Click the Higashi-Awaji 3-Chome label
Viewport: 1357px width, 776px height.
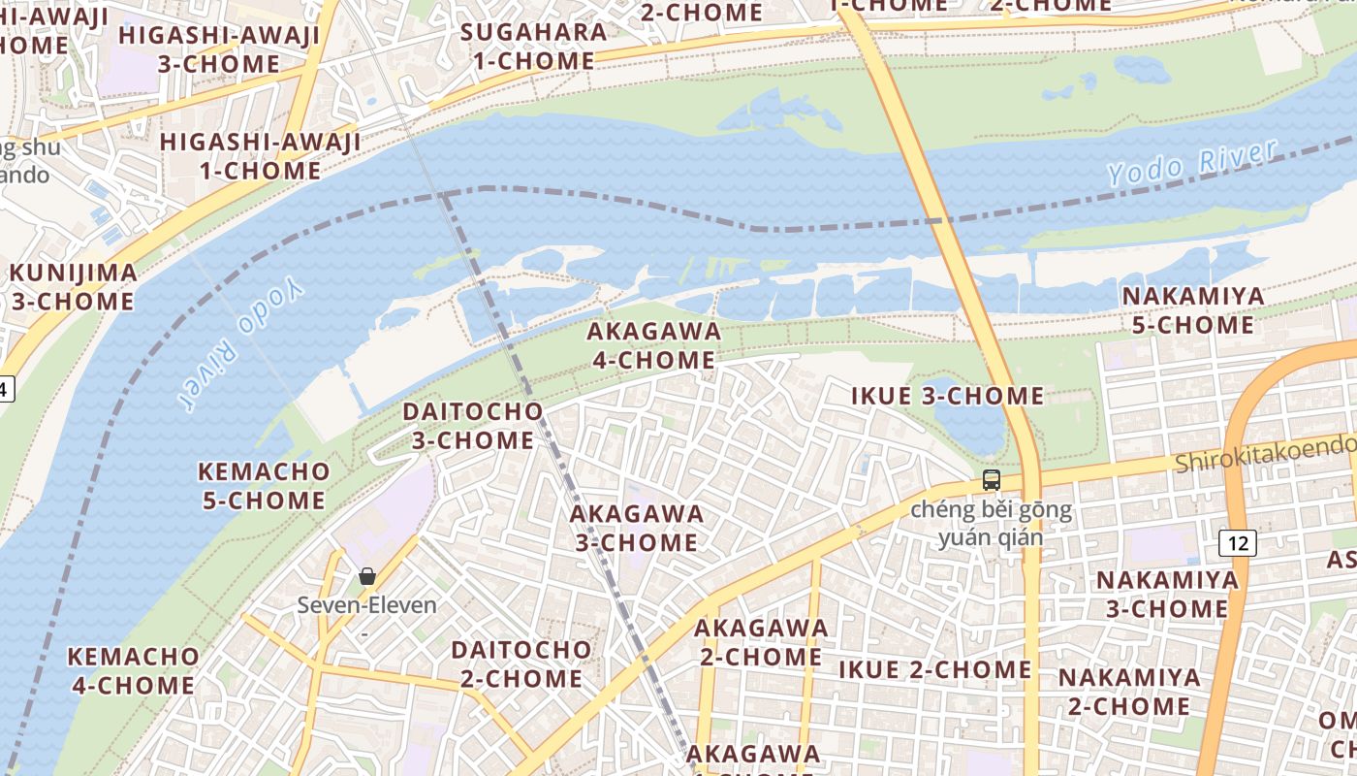219,49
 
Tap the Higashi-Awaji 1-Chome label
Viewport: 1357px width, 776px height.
259,156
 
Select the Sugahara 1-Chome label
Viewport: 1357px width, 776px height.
527,46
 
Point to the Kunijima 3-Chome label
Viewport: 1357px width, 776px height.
73,286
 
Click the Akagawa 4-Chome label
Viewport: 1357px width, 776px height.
654,345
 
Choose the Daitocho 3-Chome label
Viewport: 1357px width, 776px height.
472,425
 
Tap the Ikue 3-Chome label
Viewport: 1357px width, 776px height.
947,396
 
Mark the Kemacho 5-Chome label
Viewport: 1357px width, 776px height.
263,486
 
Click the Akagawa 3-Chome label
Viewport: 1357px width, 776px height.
637,528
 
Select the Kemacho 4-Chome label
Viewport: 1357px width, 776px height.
133,670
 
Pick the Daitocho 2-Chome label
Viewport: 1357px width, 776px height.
521,663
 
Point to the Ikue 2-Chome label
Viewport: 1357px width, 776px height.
934,669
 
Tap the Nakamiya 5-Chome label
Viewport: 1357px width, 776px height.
1193,310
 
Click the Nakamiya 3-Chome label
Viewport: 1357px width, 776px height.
1167,595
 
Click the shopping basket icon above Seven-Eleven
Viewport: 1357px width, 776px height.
367,576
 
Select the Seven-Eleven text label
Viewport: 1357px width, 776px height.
366,605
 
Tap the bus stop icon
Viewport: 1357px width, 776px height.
991,479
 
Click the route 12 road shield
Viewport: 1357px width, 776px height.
1239,543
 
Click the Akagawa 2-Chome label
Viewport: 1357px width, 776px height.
761,642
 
